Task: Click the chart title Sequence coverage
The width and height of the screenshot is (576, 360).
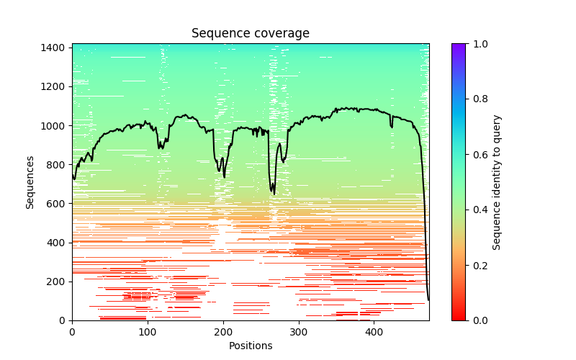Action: coord(250,34)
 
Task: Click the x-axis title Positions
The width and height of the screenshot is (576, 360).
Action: coord(250,346)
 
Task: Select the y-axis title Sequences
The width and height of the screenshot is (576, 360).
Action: coord(30,182)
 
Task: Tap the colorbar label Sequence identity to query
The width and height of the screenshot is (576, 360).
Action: coord(497,182)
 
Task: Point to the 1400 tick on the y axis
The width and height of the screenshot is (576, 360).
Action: coord(55,48)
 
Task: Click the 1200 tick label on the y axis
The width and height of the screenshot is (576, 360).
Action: coord(55,86)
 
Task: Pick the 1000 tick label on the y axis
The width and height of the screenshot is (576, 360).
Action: coord(55,125)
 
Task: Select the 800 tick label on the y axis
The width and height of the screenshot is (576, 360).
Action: coord(58,164)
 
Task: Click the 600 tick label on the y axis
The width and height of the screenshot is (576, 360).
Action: coord(58,204)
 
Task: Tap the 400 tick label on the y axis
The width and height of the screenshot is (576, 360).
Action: coord(58,243)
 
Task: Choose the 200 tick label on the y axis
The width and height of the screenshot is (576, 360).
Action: coord(58,282)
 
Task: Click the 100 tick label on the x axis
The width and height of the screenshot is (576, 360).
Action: coord(148,331)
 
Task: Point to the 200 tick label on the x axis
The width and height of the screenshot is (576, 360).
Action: coord(223,331)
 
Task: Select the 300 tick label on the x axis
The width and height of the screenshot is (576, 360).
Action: coord(299,331)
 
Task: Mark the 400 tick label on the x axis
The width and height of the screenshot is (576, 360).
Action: coord(374,331)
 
